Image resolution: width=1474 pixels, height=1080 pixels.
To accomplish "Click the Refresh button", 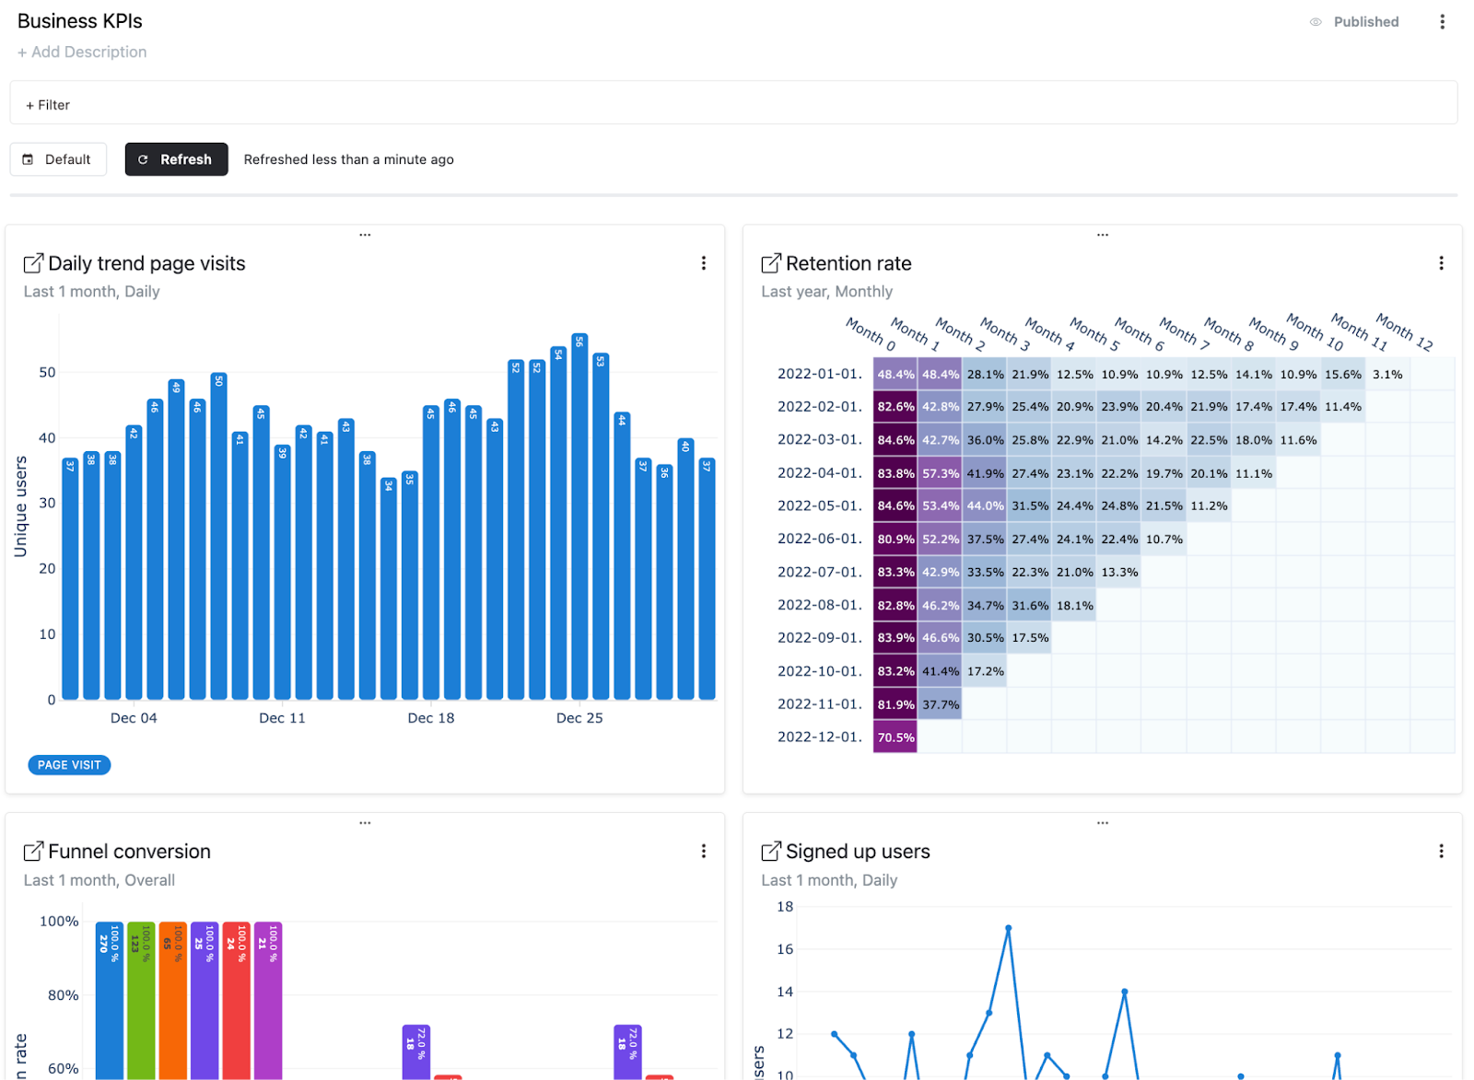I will pyautogui.click(x=176, y=159).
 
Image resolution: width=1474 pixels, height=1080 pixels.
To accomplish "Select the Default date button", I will pyautogui.click(x=58, y=159).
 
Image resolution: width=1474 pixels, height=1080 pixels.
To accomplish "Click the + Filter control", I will pyautogui.click(x=48, y=105).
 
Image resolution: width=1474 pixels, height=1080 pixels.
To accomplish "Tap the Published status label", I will pyautogui.click(x=1365, y=22).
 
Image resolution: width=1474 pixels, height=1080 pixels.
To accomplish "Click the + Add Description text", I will pyautogui.click(x=82, y=52).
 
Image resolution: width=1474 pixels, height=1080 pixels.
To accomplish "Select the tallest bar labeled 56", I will pyautogui.click(x=579, y=516).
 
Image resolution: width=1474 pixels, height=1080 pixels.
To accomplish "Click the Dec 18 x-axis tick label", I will pyautogui.click(x=431, y=718).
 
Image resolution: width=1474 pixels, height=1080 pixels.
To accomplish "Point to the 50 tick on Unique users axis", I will pyautogui.click(x=47, y=372).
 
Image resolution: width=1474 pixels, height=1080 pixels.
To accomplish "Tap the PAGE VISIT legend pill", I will pyautogui.click(x=69, y=765).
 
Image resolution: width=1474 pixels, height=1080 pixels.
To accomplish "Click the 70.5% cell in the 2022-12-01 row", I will pyautogui.click(x=895, y=737).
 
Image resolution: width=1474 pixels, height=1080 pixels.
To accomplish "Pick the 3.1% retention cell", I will pyautogui.click(x=1386, y=375).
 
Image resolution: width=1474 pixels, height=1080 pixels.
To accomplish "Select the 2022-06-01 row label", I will pyautogui.click(x=819, y=539).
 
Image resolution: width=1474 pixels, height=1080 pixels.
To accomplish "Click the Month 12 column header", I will pyautogui.click(x=1404, y=331).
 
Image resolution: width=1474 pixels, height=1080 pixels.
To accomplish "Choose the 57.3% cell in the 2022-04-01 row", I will pyautogui.click(x=940, y=473).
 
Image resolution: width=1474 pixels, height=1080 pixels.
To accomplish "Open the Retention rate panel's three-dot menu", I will pyautogui.click(x=1441, y=263).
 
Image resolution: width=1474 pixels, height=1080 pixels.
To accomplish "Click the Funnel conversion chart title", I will pyautogui.click(x=129, y=852).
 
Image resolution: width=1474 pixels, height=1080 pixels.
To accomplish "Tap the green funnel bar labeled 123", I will pyautogui.click(x=141, y=999).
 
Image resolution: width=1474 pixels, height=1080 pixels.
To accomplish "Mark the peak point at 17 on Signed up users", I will pyautogui.click(x=1009, y=928).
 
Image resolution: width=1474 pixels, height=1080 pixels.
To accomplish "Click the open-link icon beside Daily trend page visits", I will pyautogui.click(x=33, y=263).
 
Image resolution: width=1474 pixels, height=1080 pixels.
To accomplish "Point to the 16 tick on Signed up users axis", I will pyautogui.click(x=785, y=949).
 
